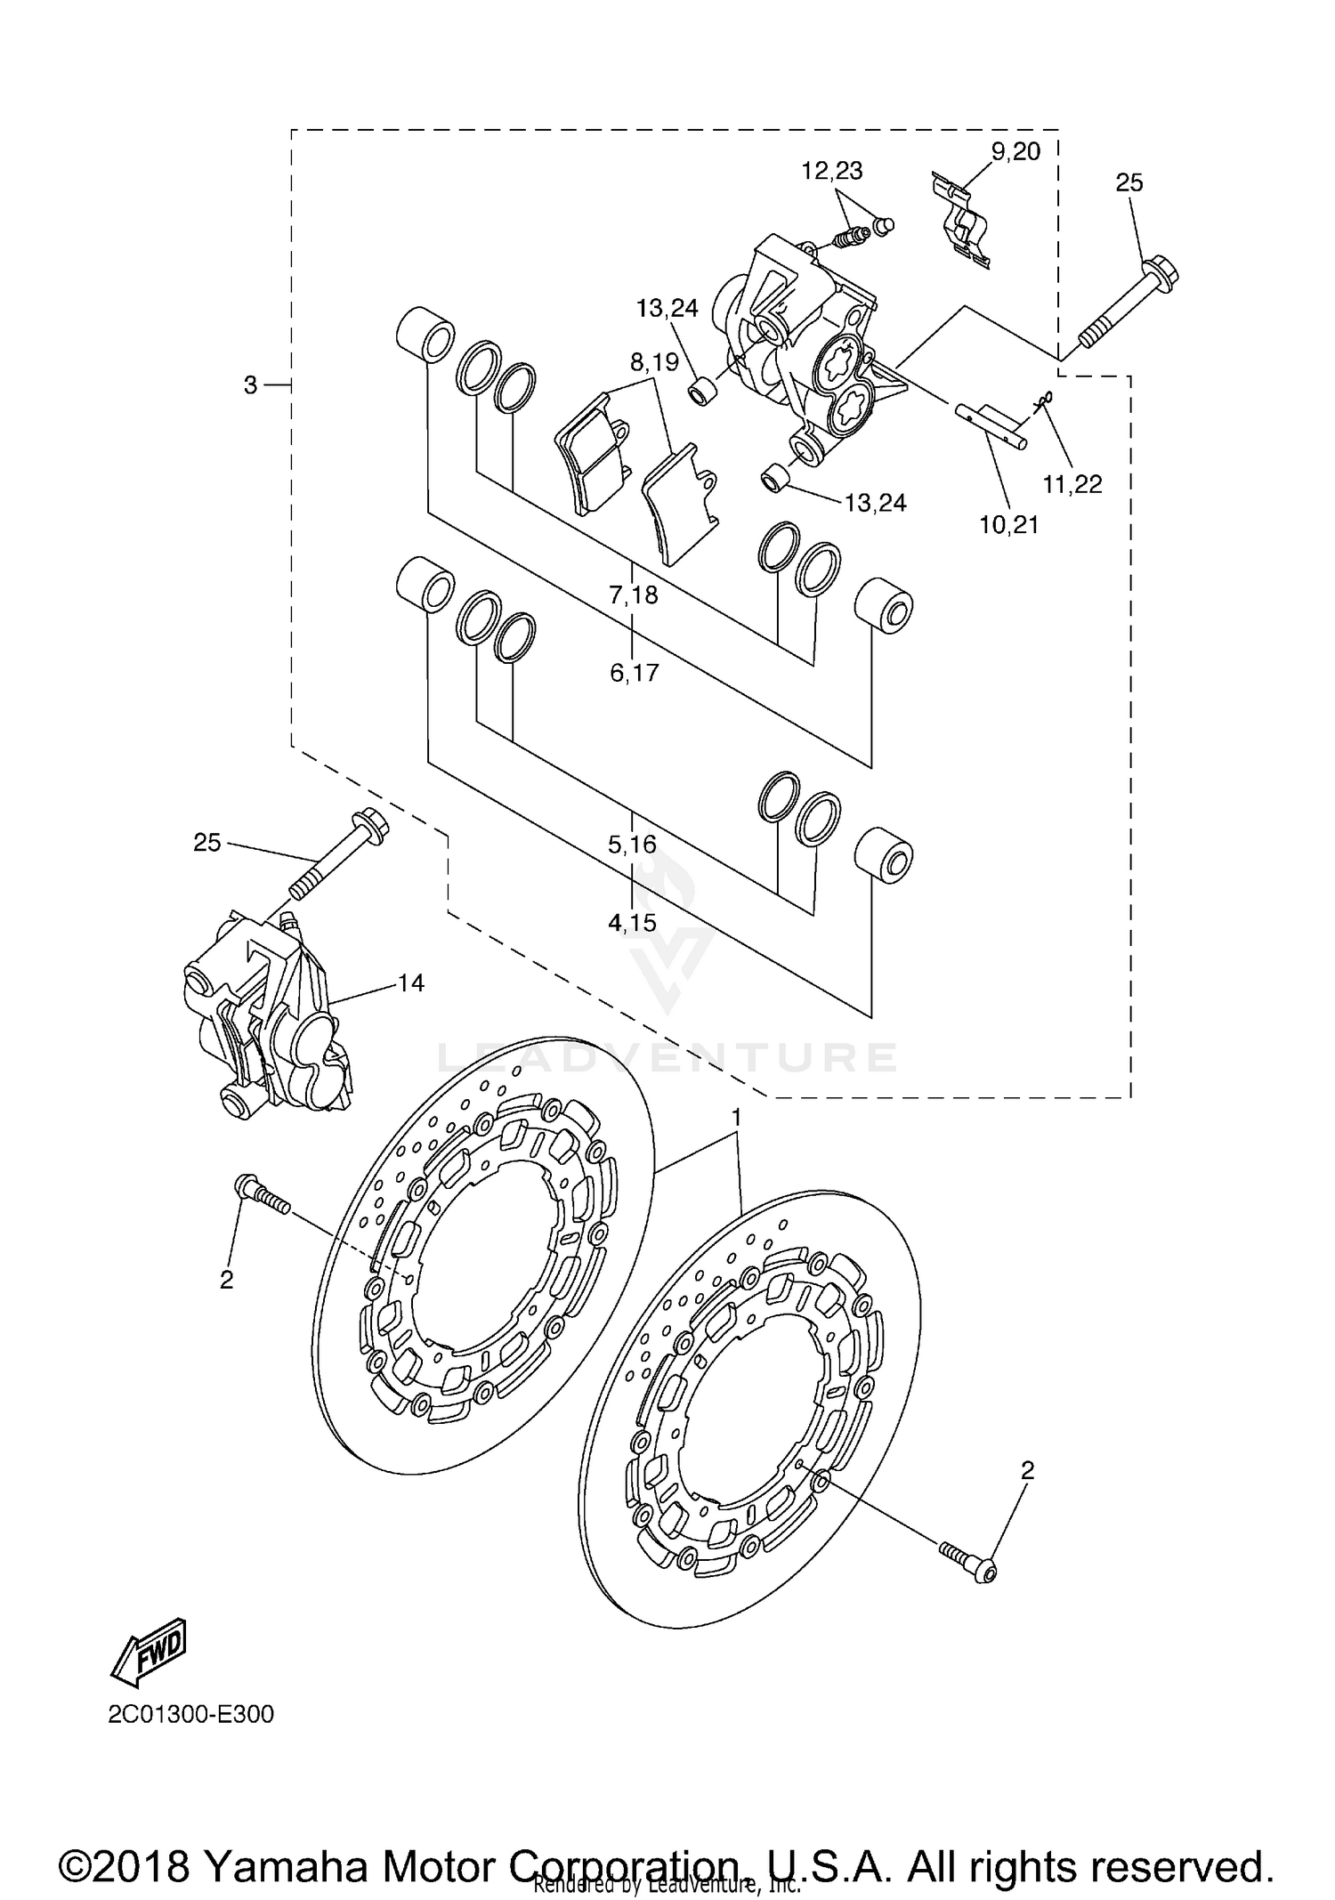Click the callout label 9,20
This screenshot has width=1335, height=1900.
[1015, 152]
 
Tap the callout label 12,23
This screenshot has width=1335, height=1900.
[832, 171]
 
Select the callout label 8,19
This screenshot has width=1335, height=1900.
[654, 362]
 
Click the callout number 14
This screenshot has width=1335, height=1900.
[411, 983]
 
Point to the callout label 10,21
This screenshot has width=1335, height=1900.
[1009, 525]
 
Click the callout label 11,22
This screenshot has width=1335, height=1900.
[1072, 484]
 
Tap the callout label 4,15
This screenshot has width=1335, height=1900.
[633, 923]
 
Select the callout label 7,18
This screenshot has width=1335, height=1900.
[634, 594]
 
